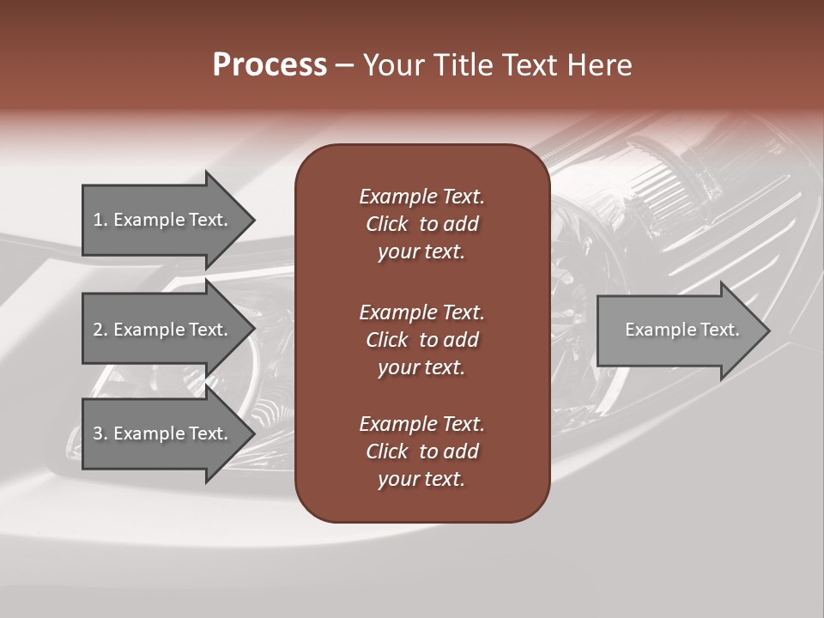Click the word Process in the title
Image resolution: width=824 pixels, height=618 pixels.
pyautogui.click(x=270, y=65)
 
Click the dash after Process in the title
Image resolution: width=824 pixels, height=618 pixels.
pyautogui.click(x=345, y=66)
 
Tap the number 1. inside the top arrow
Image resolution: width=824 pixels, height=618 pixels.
pyautogui.click(x=100, y=220)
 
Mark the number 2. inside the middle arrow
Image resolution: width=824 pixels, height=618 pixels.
pyautogui.click(x=100, y=330)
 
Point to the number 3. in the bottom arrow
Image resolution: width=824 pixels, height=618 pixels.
pyautogui.click(x=100, y=433)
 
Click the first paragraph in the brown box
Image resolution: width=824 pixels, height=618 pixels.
pyautogui.click(x=421, y=224)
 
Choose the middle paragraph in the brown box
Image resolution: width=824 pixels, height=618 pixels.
pyautogui.click(x=421, y=340)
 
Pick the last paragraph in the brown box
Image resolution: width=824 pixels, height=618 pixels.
pyautogui.click(x=421, y=451)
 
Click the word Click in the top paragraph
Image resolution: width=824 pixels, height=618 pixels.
pyautogui.click(x=387, y=224)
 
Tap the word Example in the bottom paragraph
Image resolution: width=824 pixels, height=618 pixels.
pyautogui.click(x=397, y=424)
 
